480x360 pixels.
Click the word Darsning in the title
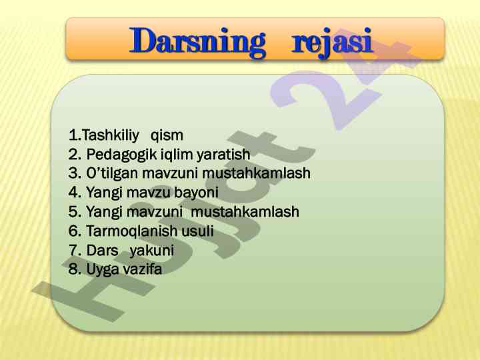point(197,42)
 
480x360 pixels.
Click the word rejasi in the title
point(332,43)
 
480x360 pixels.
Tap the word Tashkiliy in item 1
point(111,135)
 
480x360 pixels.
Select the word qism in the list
point(167,136)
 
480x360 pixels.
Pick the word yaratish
point(223,155)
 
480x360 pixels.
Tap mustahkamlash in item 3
point(257,173)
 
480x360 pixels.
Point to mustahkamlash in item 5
point(245,211)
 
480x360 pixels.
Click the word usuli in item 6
point(198,231)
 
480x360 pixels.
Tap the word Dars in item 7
point(102,251)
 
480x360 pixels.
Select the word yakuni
point(152,251)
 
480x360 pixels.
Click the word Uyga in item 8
point(103,270)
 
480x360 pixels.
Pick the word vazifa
point(143,269)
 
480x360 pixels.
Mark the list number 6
point(74,231)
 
